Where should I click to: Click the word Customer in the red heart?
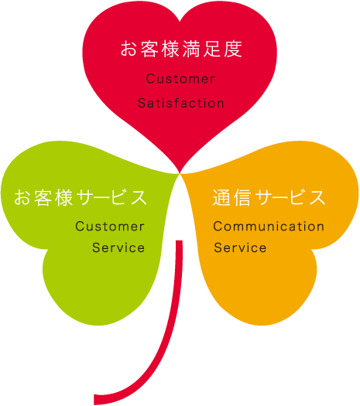click(180, 79)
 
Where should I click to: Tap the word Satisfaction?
click(180, 103)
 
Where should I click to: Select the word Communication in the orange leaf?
click(269, 227)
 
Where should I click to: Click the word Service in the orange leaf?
click(240, 247)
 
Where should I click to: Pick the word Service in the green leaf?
click(118, 247)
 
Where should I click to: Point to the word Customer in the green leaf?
click(110, 227)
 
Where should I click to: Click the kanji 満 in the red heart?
click(191, 49)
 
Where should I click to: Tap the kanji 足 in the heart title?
click(212, 49)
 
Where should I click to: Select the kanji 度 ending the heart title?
click(233, 49)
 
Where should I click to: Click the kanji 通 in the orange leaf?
click(221, 197)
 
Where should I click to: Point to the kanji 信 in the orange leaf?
click(242, 197)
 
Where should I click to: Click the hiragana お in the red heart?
click(129, 49)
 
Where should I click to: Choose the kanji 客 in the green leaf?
click(43, 197)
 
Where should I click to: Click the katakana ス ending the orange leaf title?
click(316, 197)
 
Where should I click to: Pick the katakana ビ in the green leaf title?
click(118, 197)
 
